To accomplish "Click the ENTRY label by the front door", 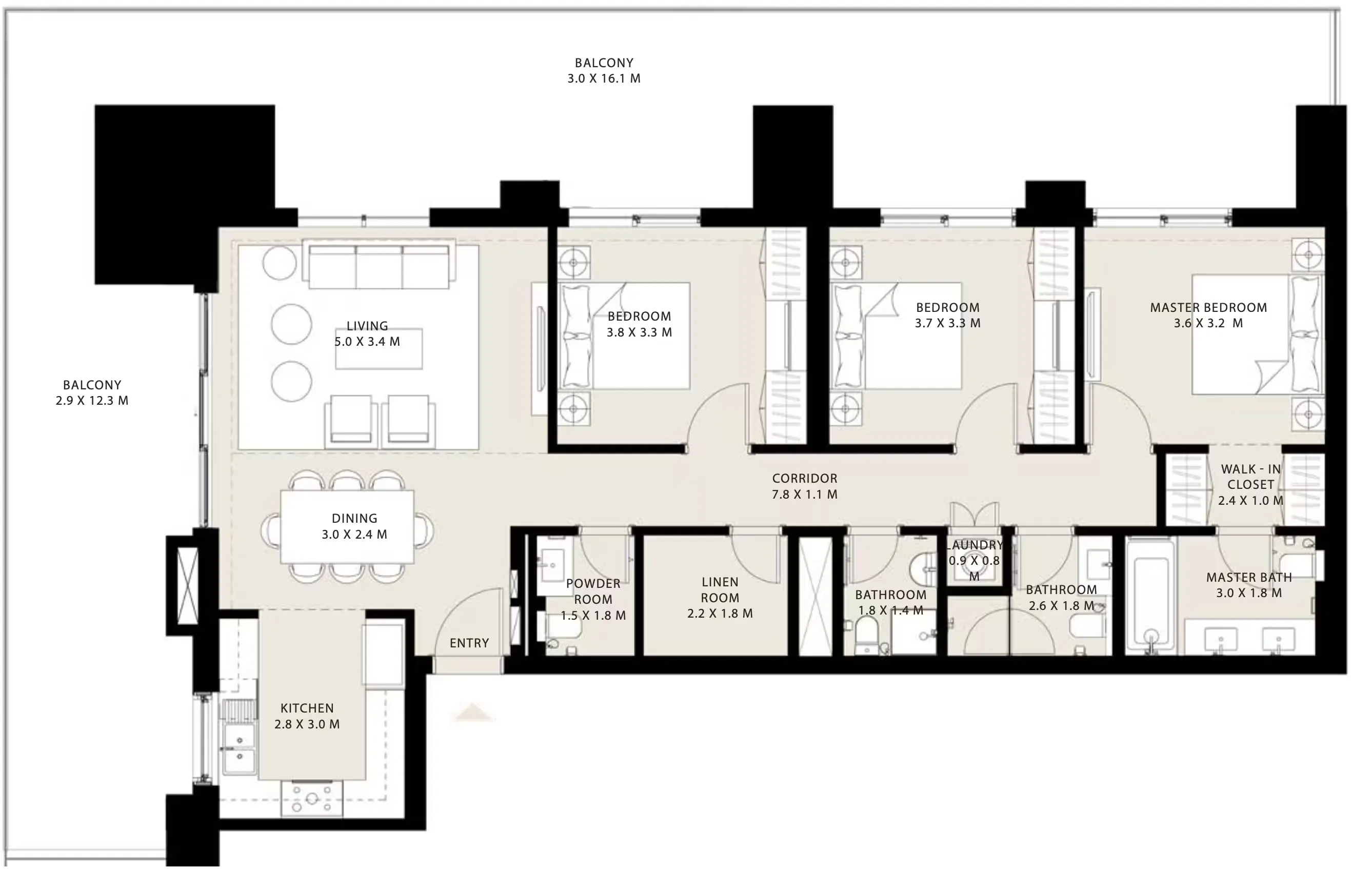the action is click(469, 643).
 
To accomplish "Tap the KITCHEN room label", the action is click(307, 708).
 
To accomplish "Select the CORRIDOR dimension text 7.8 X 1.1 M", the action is click(804, 495).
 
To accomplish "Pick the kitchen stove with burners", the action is click(311, 798).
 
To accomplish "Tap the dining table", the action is click(347, 526).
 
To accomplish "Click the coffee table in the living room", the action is click(379, 349).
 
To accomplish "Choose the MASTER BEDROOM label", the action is click(1208, 308).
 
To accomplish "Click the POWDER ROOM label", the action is click(593, 591).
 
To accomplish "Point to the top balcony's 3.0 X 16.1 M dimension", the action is click(604, 78).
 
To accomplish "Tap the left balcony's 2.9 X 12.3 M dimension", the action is click(92, 401).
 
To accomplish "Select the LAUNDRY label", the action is click(975, 545).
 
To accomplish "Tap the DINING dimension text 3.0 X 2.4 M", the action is click(354, 535).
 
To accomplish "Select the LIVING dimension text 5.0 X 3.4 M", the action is click(367, 342).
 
